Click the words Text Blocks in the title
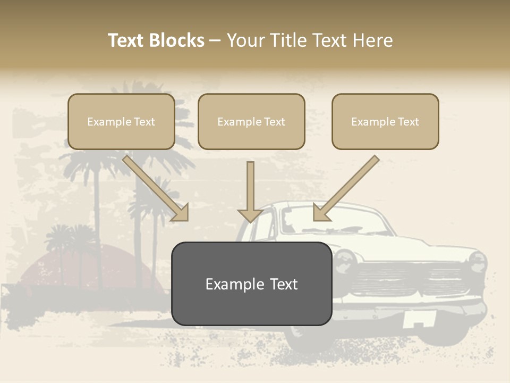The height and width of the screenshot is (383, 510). click(156, 40)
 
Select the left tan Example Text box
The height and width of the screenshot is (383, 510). click(121, 122)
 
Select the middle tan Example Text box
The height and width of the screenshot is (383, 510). click(251, 122)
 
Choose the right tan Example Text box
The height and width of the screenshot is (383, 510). click(385, 122)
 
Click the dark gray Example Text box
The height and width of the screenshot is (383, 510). click(251, 284)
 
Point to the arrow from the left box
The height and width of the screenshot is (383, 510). click(157, 189)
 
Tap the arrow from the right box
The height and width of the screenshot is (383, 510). click(345, 189)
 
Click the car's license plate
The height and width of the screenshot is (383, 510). click(419, 319)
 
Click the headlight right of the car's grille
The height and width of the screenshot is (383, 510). click(477, 262)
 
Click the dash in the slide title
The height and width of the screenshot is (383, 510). click(215, 41)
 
